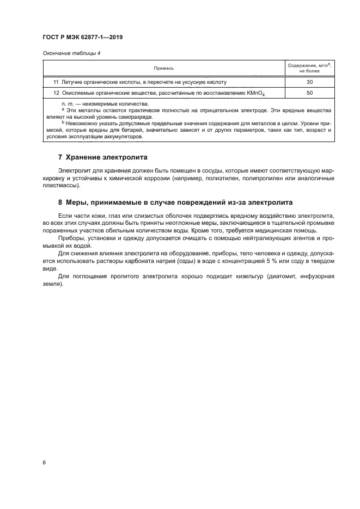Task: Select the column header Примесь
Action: [x=163, y=69]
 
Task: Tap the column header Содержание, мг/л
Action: [x=309, y=65]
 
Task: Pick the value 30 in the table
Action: [x=309, y=82]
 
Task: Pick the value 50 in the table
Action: [x=309, y=93]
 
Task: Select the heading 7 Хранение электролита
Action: [x=103, y=157]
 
